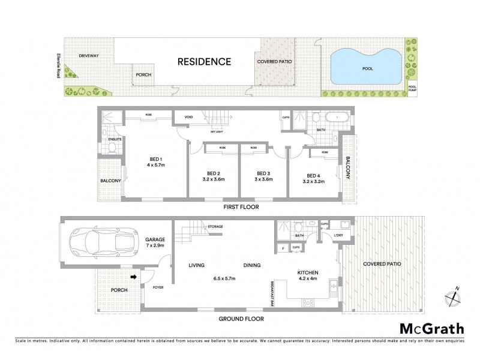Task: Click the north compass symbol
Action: pyautogui.click(x=453, y=295)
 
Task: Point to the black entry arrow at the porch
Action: pyautogui.click(x=133, y=277)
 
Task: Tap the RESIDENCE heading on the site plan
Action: pyautogui.click(x=204, y=61)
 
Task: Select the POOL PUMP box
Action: pyautogui.click(x=412, y=88)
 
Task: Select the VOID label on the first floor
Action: pyautogui.click(x=188, y=116)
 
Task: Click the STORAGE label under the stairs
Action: pyautogui.click(x=215, y=226)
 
